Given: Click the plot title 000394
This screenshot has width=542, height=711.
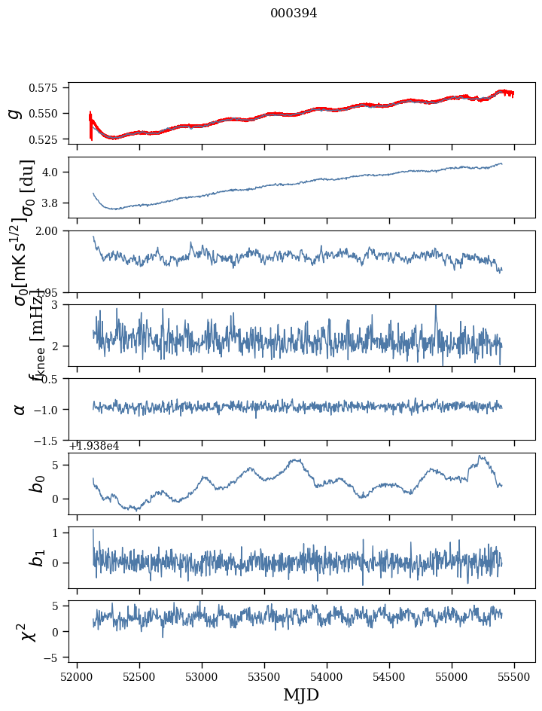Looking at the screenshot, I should coord(294,14).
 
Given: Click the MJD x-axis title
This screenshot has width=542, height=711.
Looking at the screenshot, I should coord(301,695).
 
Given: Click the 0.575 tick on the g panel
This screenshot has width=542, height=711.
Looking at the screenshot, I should coord(47,88).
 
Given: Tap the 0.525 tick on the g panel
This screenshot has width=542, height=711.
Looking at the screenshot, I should coord(47,140).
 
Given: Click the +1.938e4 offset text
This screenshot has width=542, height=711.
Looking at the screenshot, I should coord(94,446).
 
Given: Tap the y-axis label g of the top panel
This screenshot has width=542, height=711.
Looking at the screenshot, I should coord(14,113).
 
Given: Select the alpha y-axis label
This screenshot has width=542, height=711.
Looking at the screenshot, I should coord(20,409).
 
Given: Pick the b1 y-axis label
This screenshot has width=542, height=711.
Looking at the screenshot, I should coord(36,557).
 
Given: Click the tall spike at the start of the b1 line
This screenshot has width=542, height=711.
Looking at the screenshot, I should coord(93,530).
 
